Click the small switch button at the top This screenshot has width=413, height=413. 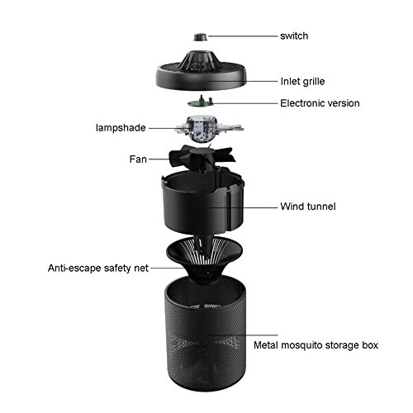[x=200, y=37]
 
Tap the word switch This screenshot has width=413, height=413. [x=294, y=36]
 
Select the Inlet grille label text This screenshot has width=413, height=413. [x=302, y=82]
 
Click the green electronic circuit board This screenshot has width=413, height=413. [x=201, y=102]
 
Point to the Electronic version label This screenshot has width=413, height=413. [x=320, y=103]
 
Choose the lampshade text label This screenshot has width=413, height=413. [x=121, y=128]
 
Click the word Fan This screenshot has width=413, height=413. [x=138, y=159]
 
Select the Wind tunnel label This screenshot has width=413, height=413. [x=308, y=206]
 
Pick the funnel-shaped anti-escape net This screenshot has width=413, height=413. [x=205, y=259]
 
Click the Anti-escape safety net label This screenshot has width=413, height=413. [x=98, y=268]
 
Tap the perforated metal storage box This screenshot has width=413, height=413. [x=206, y=335]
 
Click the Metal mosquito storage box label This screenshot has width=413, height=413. [x=316, y=345]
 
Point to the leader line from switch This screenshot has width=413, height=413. [x=242, y=36]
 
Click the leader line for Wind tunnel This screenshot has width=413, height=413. [x=242, y=207]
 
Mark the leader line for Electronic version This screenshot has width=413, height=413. [x=244, y=103]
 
